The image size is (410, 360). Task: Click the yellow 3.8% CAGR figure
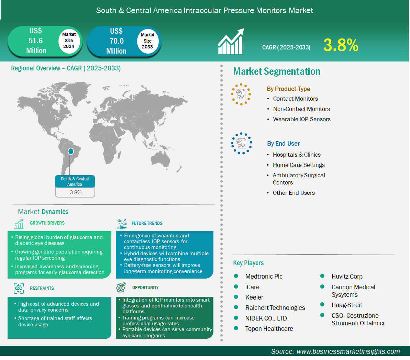coord(341,45)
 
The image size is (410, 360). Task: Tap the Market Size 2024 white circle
coord(69,41)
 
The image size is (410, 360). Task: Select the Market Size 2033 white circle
coord(147,41)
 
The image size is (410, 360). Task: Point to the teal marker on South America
coord(70,151)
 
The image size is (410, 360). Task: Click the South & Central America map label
coord(75,181)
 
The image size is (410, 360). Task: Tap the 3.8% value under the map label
coord(75,192)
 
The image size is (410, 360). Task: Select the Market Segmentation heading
coord(277,71)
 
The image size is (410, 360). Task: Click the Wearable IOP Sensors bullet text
coord(302,119)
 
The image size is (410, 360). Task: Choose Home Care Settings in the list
coord(299,165)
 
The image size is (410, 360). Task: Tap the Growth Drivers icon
coord(19,224)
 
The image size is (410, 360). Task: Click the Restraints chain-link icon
coord(19,288)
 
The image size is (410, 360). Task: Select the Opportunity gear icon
coord(121,287)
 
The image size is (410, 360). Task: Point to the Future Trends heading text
coord(147,223)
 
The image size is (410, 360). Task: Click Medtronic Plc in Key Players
coord(264,276)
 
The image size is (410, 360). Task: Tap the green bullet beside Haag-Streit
coord(322,305)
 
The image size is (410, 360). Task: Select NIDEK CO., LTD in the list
coord(266,318)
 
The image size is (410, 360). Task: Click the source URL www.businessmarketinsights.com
coord(348,351)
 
